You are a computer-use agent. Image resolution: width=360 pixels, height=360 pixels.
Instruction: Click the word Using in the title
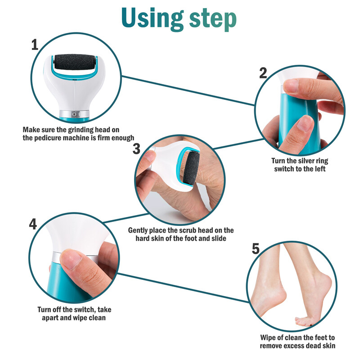coord(151,18)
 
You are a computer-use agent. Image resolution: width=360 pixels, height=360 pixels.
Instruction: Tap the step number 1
coord(35,45)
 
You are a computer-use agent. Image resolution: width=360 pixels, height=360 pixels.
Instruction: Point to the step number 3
coord(137,149)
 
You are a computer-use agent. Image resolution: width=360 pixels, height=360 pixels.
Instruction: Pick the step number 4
coord(33,224)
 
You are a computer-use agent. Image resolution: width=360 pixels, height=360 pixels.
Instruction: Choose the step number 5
coord(256,248)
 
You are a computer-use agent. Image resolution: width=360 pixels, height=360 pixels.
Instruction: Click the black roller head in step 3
coord(191,169)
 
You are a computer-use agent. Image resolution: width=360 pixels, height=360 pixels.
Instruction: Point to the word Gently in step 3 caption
coord(139,230)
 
